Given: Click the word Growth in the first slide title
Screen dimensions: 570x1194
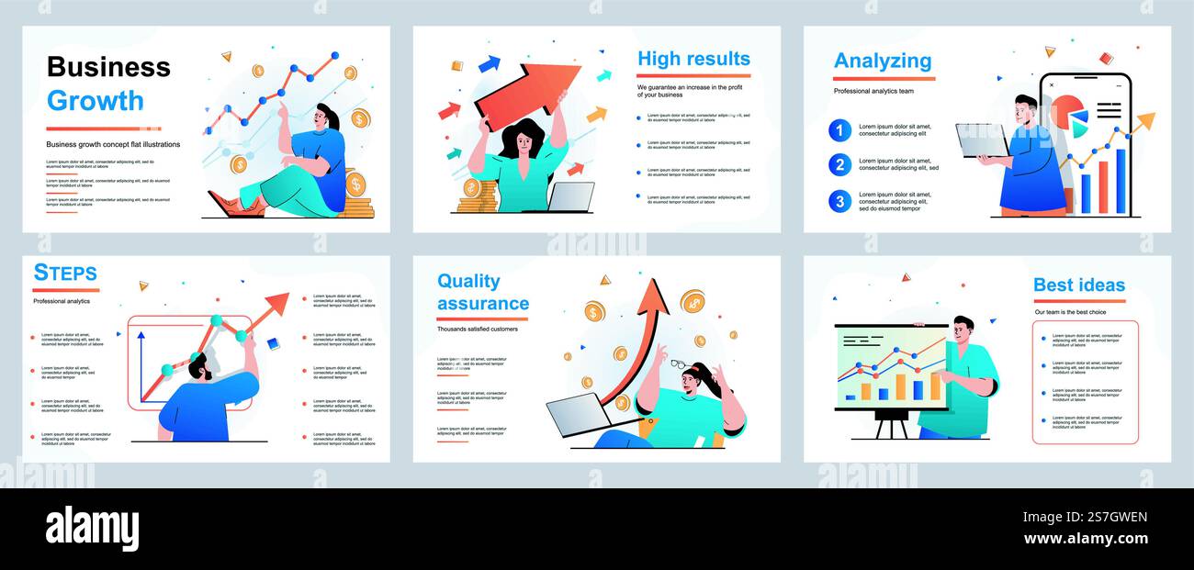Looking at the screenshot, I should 96,100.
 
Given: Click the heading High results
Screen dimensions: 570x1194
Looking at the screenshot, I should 693,59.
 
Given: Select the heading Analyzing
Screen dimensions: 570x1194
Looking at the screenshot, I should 882,61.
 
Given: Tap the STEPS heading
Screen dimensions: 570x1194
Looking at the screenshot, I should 65,273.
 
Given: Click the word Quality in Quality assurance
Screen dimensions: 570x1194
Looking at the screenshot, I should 468,281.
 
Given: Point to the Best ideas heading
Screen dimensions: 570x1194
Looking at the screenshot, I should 1078,285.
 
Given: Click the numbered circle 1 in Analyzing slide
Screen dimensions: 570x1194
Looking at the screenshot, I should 839,130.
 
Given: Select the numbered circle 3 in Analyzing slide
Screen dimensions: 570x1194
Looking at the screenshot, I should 839,201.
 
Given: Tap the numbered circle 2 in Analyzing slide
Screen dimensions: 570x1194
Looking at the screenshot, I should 839,165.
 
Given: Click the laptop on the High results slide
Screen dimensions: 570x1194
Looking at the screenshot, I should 571,196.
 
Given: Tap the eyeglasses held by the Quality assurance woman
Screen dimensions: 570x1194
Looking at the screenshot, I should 680,364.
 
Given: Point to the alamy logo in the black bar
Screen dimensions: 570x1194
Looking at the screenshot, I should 92,530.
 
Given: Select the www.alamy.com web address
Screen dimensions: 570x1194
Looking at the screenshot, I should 1085,539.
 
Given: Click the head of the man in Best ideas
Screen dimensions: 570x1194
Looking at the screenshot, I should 963,329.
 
